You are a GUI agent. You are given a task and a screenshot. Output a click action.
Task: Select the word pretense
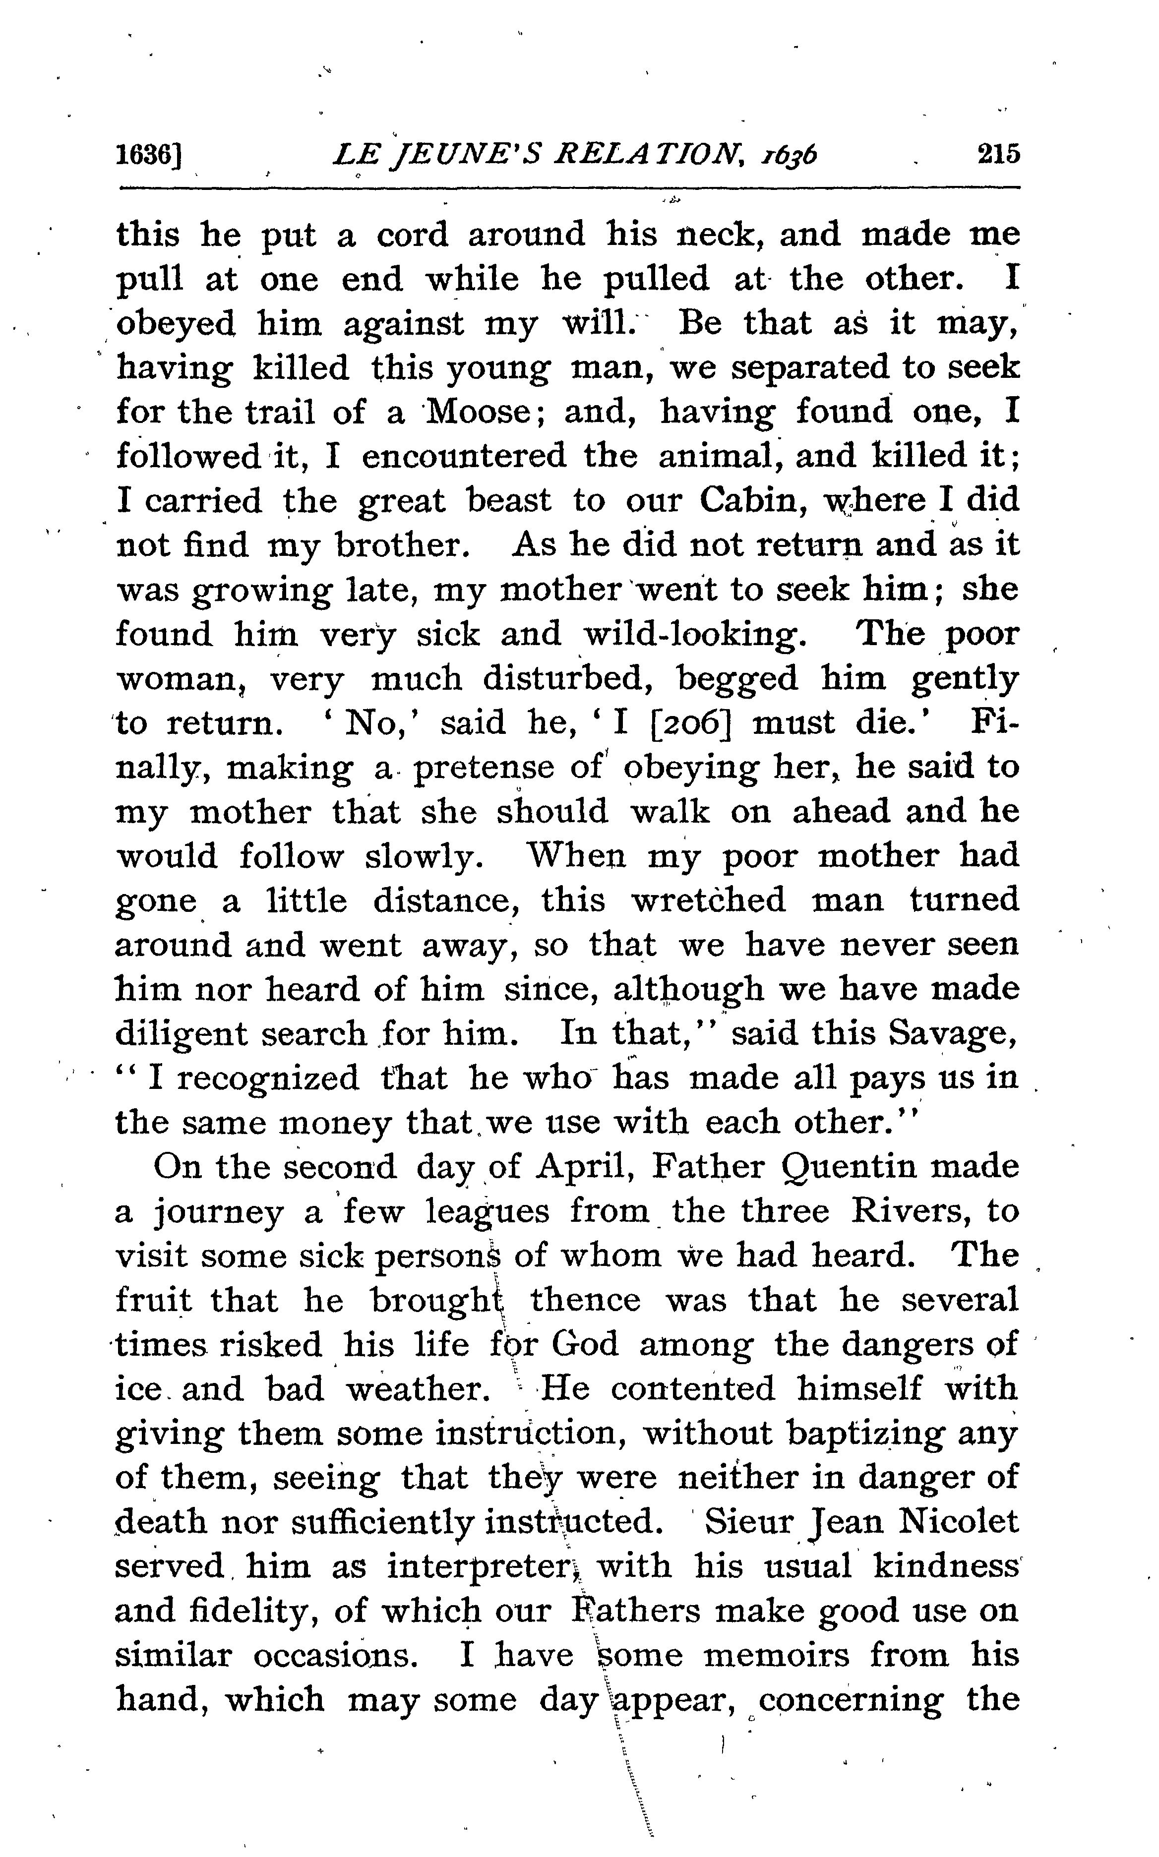tap(483, 768)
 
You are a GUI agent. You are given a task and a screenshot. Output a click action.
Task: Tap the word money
tap(335, 1124)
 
